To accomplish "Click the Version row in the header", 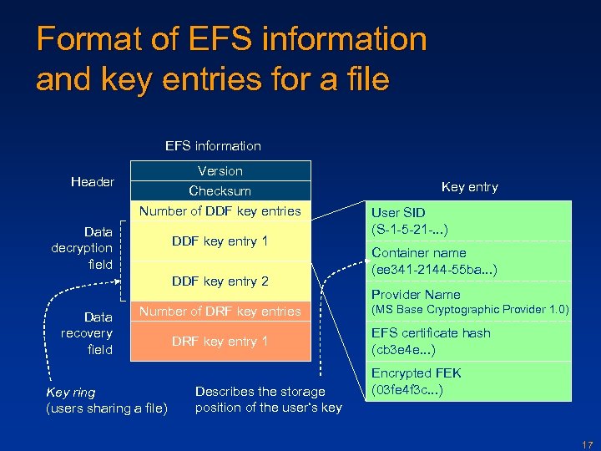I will (x=220, y=171).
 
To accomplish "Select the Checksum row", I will (x=220, y=191).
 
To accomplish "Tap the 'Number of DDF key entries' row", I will (x=220, y=211).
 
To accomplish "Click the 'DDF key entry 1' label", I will (x=220, y=241).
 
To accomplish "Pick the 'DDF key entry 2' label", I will (x=220, y=281).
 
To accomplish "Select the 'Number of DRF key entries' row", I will (x=220, y=312).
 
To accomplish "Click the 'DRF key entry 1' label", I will (x=220, y=342).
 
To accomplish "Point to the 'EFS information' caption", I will (x=213, y=146).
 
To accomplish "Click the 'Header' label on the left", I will (x=93, y=182).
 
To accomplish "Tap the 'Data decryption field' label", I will (x=82, y=248).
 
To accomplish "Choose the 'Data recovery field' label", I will (x=87, y=333).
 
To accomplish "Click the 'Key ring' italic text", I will (x=71, y=393).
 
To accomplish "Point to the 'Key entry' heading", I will (x=469, y=187).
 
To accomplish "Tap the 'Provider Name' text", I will (x=416, y=295).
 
